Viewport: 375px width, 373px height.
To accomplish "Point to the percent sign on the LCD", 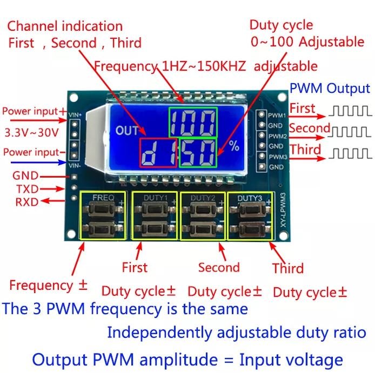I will pos(233,146).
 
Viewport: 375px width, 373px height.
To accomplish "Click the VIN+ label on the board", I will pos(75,114).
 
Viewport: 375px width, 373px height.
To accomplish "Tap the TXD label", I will pos(26,188).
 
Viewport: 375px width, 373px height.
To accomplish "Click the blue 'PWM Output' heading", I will pos(330,89).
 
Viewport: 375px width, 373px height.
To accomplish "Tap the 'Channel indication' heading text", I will pos(65,26).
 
